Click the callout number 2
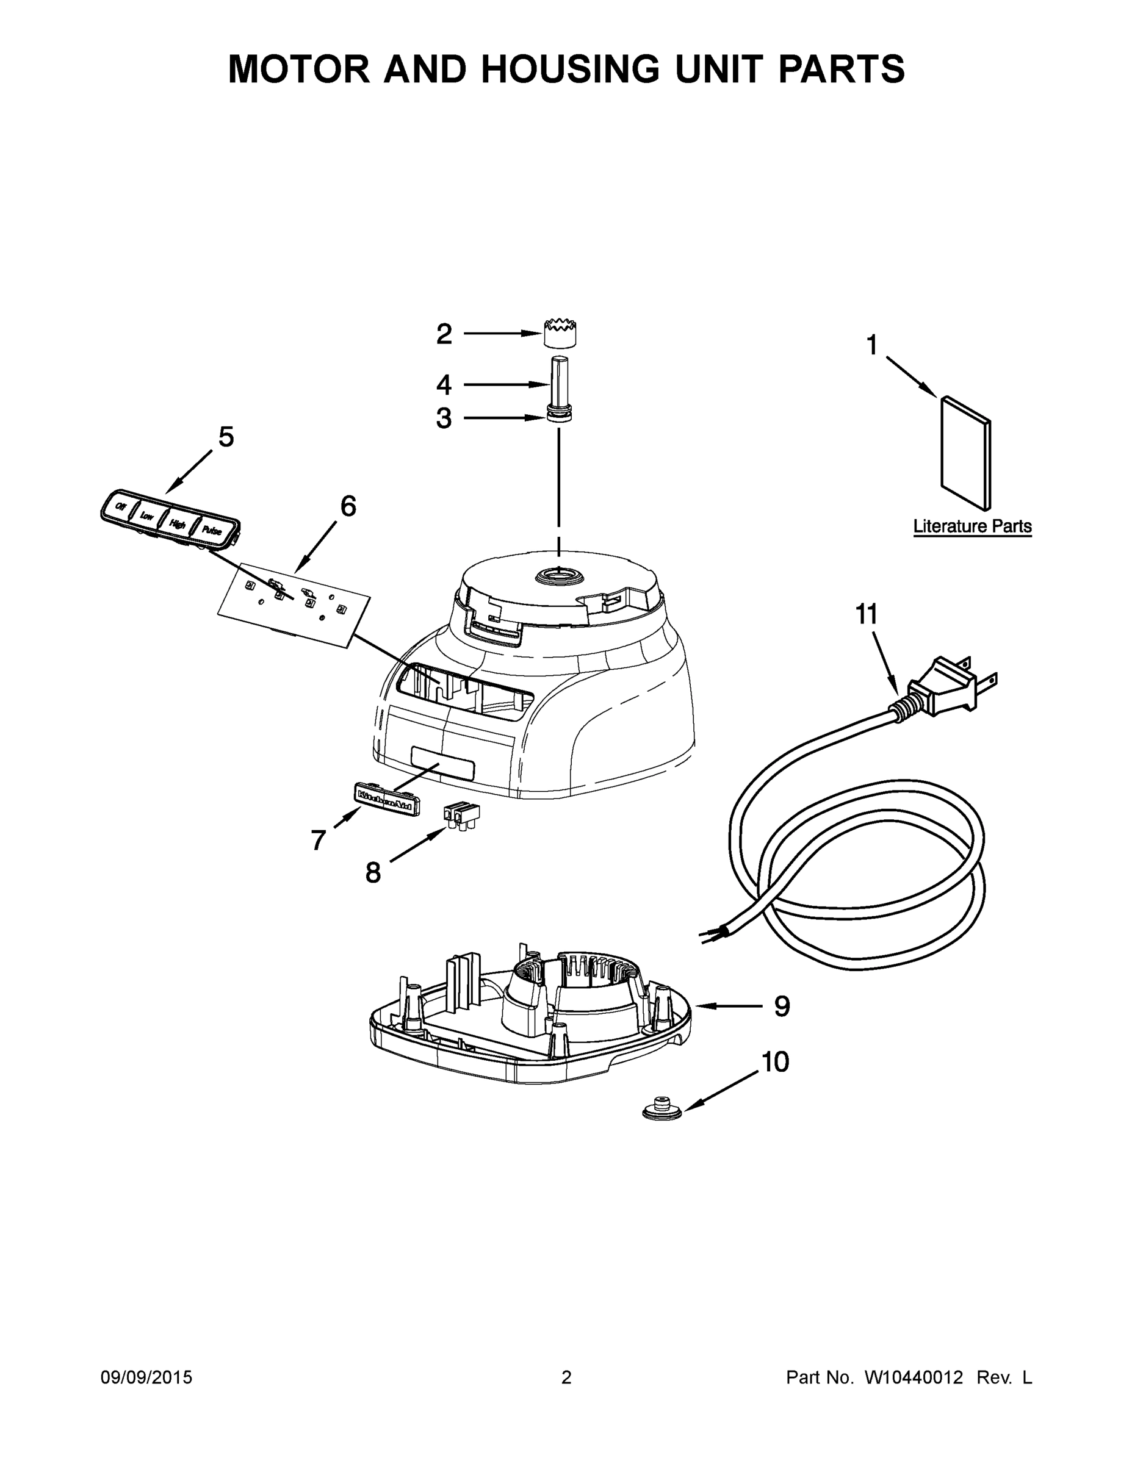[444, 334]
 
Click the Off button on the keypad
[121, 507]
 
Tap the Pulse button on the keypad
[212, 530]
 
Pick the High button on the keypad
[177, 524]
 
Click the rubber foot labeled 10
[662, 1110]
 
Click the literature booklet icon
[965, 453]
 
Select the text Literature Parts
[972, 526]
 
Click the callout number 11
[867, 614]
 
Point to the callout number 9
[782, 1025]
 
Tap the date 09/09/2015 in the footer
[146, 1377]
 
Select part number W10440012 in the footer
[914, 1377]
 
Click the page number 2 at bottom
[566, 1377]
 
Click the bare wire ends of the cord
[710, 935]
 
